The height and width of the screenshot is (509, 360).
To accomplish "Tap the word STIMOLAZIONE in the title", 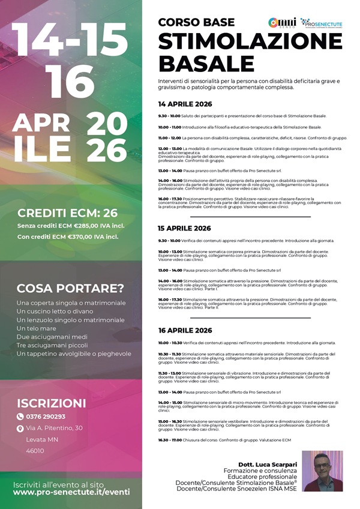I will click(250, 41).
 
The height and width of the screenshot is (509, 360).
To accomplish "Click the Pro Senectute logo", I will click(322, 22).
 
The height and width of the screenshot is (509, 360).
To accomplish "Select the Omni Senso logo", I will click(281, 22).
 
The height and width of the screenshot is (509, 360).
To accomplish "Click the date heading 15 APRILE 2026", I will click(185, 228).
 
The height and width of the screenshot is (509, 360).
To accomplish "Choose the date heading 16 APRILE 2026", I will click(185, 331).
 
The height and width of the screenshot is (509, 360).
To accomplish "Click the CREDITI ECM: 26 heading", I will click(67, 212).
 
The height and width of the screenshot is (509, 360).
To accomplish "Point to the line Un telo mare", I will click(41, 328).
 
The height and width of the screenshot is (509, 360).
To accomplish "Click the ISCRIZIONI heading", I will click(52, 403).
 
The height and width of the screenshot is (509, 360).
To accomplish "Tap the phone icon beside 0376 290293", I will click(20, 417).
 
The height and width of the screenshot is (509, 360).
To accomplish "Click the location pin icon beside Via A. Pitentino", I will click(20, 429).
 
